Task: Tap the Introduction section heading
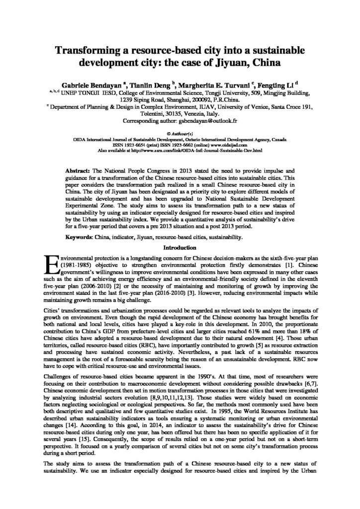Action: tap(180, 247)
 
